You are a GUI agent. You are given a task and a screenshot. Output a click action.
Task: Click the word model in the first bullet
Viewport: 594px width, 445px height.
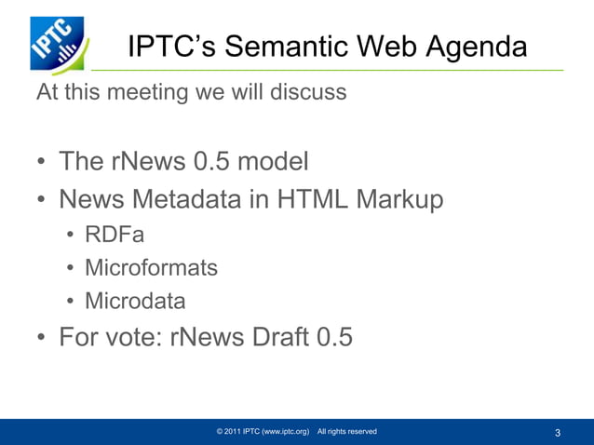(x=273, y=163)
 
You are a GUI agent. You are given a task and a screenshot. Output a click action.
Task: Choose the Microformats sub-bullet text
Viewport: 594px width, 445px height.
(x=151, y=269)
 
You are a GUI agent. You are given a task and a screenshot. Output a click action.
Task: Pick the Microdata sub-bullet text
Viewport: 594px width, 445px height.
(x=135, y=302)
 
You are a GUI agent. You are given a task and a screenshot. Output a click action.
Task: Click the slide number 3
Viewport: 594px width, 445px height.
(x=557, y=433)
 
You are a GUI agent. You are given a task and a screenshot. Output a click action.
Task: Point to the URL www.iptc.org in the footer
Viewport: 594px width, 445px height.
(x=286, y=432)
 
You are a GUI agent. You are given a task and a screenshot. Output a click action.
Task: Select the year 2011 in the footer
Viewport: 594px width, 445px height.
(x=233, y=432)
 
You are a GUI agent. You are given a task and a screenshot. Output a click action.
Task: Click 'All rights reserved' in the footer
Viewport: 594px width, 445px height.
(x=346, y=432)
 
